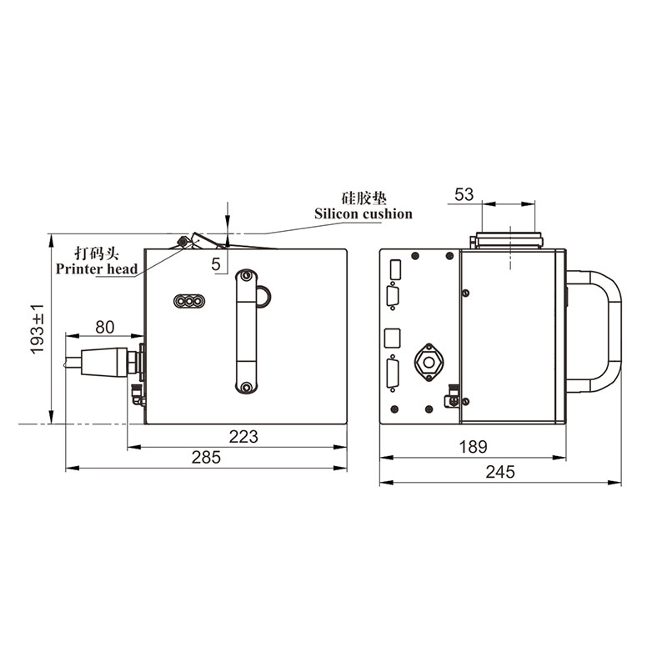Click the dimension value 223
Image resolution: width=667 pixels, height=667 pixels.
click(243, 436)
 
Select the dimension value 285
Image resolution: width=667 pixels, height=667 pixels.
click(206, 457)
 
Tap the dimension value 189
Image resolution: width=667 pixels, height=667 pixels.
click(473, 447)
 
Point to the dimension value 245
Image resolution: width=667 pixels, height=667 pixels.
click(500, 472)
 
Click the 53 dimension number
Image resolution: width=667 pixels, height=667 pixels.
click(464, 194)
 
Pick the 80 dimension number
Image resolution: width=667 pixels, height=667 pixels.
click(105, 327)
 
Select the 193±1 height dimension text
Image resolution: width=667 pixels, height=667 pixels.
click(38, 328)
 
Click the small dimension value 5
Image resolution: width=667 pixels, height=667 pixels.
click(216, 264)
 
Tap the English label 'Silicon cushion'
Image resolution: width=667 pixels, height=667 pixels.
click(364, 213)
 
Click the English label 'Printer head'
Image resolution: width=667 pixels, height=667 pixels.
click(97, 268)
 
